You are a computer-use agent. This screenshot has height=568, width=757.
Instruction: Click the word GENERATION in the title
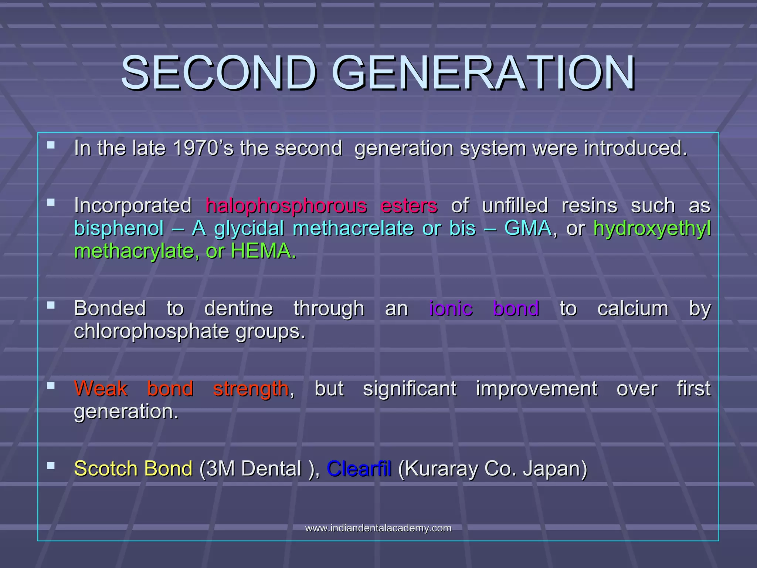[483, 73]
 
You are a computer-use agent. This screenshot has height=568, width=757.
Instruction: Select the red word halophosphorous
[286, 206]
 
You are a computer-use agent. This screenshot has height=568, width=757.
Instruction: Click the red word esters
[409, 206]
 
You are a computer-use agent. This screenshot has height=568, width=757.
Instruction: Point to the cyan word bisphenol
[119, 229]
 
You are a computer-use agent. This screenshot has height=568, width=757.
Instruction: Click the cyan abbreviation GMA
[528, 228]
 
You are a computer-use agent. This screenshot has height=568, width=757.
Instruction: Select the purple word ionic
[451, 308]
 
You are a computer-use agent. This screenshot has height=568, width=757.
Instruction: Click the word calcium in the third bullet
[633, 308]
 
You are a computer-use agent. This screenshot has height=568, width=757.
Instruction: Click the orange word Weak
[101, 389]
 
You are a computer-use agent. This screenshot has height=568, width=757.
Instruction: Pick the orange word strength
[251, 389]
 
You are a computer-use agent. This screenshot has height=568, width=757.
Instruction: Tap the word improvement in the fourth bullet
[536, 389]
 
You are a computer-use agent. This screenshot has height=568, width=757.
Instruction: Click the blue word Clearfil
[359, 469]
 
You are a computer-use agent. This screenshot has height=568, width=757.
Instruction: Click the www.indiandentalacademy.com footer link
[378, 528]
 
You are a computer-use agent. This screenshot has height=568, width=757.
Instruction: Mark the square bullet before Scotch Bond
[51, 466]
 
